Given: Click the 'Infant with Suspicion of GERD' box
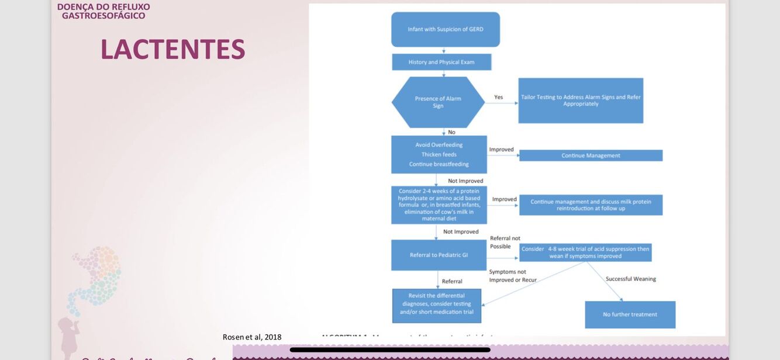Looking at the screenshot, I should coord(446,29).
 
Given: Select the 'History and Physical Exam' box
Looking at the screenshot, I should coord(441,62).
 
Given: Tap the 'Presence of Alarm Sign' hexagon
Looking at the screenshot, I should coord(438,102).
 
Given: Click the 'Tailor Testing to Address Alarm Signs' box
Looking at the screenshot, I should coord(581,101).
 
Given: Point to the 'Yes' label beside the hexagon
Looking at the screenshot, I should coord(498,97).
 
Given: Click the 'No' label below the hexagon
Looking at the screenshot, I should coord(451,132).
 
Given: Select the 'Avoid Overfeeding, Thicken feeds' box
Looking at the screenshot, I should coord(439,154).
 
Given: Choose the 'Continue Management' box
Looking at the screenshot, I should coord(591,155).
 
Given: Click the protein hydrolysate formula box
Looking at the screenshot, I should coord(439,205).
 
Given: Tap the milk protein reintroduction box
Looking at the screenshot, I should coord(591,205).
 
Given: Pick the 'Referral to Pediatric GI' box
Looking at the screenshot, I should coord(439,255).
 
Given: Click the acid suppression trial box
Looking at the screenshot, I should coord(585,252).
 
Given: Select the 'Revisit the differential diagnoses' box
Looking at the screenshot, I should coord(437,304).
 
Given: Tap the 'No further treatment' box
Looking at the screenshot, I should coord(630,314).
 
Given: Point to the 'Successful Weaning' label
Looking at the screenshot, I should coord(630,279).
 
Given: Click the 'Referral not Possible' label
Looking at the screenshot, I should coord(505,242).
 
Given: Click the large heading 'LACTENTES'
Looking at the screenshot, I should coord(172,49).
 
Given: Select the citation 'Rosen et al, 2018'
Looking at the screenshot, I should coord(252,337).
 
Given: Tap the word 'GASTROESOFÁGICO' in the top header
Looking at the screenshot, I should coord(103,16).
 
